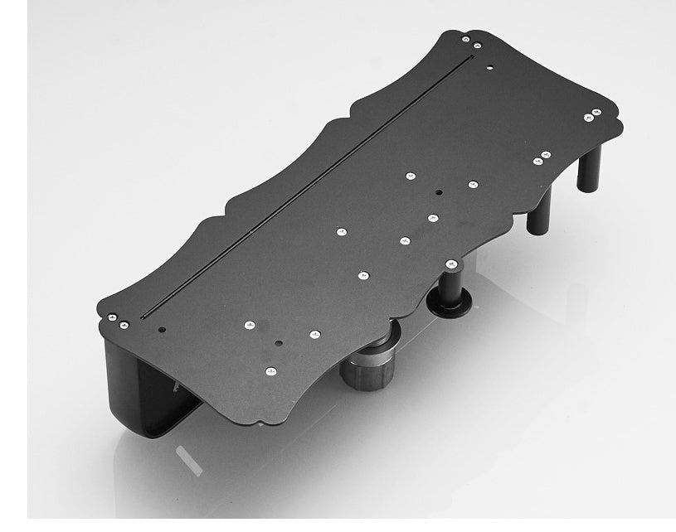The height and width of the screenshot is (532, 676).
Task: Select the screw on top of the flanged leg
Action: [451, 264]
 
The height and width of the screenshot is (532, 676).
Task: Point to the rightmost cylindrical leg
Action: [590, 166]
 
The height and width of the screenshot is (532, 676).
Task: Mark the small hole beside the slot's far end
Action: [489, 66]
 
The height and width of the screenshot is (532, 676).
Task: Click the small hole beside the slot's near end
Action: [163, 330]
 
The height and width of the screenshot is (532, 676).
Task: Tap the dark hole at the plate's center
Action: [438, 192]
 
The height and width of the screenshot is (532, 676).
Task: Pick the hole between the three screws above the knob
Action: [279, 342]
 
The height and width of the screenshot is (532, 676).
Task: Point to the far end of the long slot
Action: [472, 57]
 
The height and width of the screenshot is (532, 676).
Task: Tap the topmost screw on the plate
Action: [465, 38]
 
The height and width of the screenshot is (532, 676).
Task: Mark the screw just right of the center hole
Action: [473, 184]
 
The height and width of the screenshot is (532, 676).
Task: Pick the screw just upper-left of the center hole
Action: [410, 176]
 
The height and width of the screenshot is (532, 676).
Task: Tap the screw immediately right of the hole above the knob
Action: [314, 335]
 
